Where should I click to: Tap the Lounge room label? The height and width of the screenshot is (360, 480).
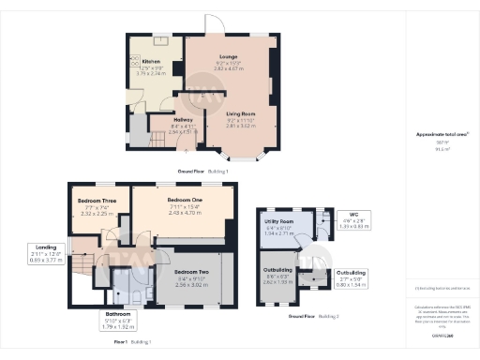tap(229, 57)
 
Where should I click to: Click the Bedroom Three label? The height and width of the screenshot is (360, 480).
tap(97, 202)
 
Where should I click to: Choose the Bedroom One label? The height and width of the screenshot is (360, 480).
tap(186, 201)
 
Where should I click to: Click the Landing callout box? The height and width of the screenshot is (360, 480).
tap(44, 253)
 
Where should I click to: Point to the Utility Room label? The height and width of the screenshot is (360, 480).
tap(280, 220)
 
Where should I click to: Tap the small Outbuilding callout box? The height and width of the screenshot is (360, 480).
tap(352, 276)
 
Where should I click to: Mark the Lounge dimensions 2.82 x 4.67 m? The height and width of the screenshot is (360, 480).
tap(229, 68)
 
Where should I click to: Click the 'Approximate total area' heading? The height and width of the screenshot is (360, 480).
tap(438, 135)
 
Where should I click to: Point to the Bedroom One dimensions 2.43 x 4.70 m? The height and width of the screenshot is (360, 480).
tap(186, 213)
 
